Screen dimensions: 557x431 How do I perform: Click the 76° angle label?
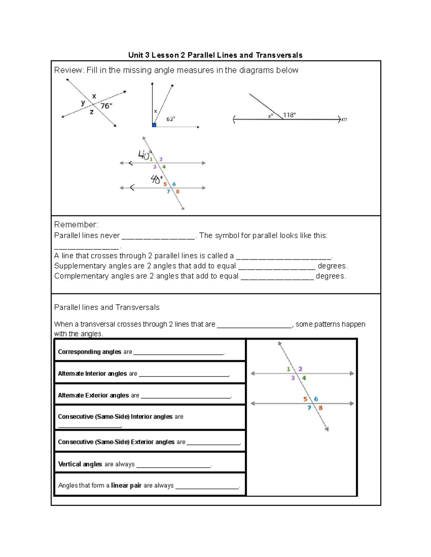106,106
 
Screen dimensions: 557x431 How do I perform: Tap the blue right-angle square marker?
154,125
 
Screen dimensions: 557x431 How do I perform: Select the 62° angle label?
171,119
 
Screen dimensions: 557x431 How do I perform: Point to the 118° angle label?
289,115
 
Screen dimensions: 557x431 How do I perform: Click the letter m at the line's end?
344,119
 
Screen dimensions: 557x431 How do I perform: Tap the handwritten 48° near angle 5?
157,179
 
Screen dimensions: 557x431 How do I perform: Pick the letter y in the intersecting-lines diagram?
83,103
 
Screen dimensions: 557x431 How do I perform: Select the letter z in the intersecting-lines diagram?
92,112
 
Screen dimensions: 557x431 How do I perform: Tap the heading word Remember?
75,225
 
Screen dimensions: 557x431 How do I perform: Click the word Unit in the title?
135,55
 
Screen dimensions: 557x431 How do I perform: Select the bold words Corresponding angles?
89,352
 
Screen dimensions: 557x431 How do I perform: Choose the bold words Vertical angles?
80,464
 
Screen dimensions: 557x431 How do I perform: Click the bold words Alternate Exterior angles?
93,395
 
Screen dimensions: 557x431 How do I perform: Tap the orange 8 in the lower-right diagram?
320,408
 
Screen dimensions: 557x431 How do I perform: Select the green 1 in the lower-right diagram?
288,369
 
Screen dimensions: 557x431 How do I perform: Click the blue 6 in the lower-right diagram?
316,399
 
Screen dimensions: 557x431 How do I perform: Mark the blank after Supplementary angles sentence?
277,266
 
